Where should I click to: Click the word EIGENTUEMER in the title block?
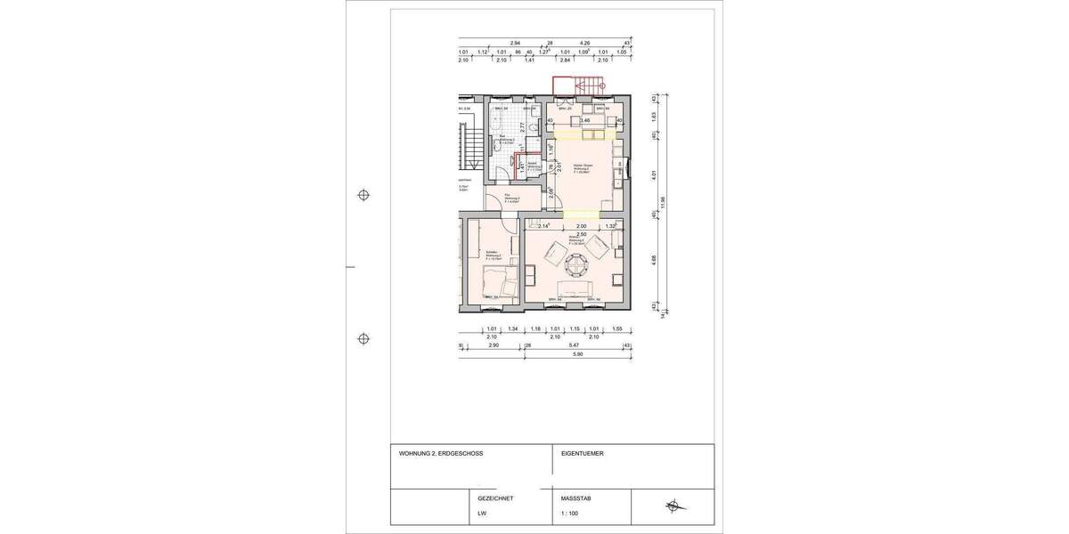[582, 453]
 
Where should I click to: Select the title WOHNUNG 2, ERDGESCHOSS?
[441, 453]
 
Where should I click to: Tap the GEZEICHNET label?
[495, 498]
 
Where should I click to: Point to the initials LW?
[482, 514]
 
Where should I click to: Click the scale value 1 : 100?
[569, 514]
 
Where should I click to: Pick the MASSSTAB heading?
[575, 498]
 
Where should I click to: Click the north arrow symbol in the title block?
[673, 506]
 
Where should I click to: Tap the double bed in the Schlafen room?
[498, 284]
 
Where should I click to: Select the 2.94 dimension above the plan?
[514, 42]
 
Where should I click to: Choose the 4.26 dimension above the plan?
[584, 42]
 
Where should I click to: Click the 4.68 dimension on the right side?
[654, 260]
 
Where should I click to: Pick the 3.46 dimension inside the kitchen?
[585, 119]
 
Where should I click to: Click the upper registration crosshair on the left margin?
[363, 195]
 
